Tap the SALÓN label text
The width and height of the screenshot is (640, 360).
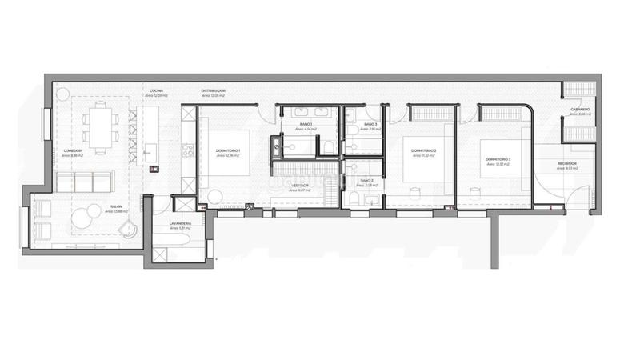pyautogui.click(x=116, y=206)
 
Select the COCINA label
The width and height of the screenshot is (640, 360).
pyautogui.click(x=156, y=91)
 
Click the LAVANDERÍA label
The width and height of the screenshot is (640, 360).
pyautogui.click(x=180, y=223)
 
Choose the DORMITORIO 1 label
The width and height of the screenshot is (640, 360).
pyautogui.click(x=229, y=151)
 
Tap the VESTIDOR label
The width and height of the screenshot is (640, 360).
pyautogui.click(x=300, y=185)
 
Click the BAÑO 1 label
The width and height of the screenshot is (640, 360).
pyautogui.click(x=306, y=125)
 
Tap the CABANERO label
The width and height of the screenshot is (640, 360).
pyautogui.click(x=581, y=110)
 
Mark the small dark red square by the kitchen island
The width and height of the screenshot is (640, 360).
pyautogui.click(x=157, y=168)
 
